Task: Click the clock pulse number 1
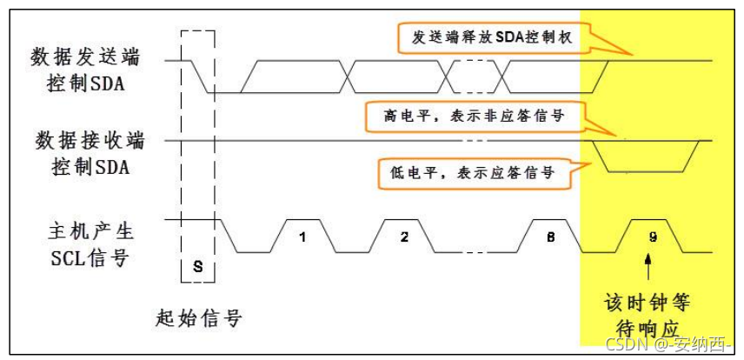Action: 302,237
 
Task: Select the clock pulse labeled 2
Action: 403,237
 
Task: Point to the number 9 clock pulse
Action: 652,237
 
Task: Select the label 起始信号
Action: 197,319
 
